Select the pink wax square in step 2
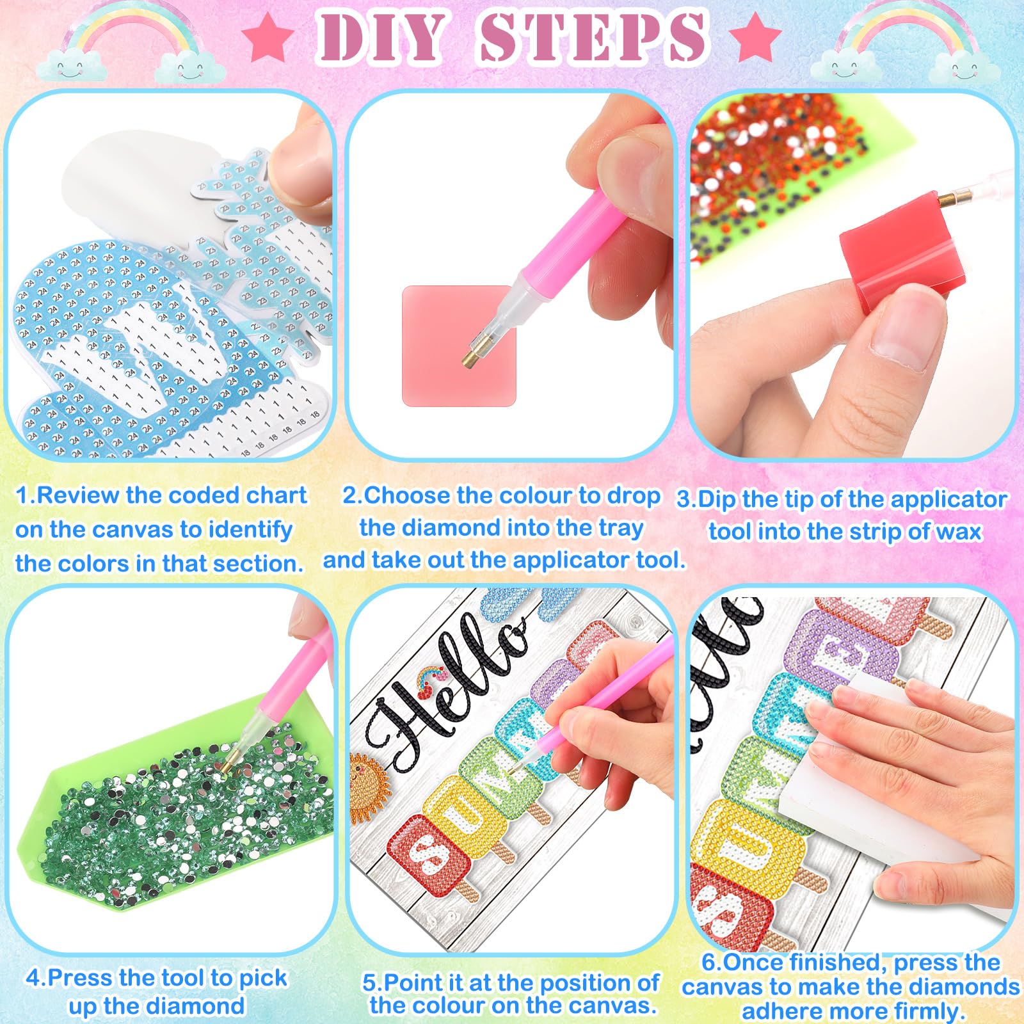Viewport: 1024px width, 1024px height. pyautogui.click(x=458, y=345)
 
